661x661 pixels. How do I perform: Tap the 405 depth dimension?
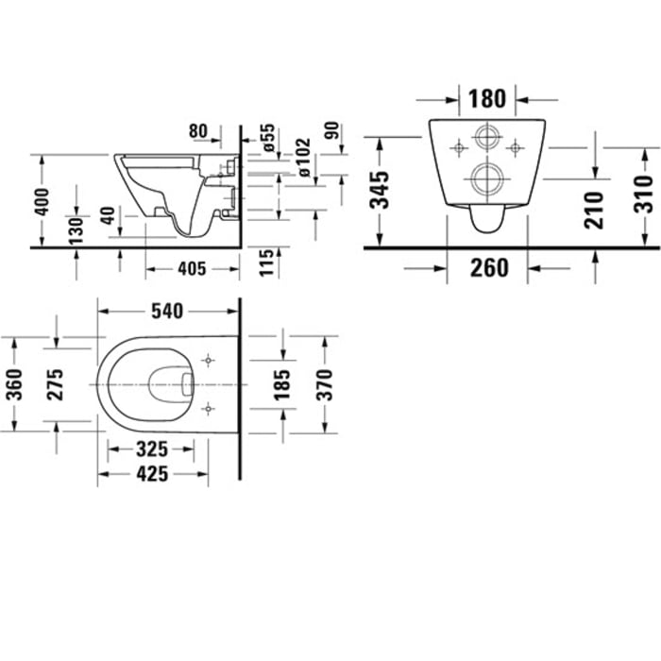coord(192,269)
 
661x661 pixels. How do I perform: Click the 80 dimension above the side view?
coord(198,130)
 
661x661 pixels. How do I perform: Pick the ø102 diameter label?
coord(302,159)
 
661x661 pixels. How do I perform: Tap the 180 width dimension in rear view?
coord(487,97)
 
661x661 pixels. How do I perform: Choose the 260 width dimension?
coord(489,268)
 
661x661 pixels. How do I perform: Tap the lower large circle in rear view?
coord(488,178)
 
